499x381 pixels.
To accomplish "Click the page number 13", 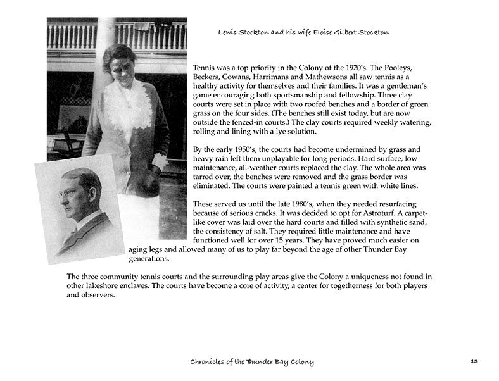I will point(474,361).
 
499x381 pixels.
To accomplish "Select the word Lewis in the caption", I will point(229,32).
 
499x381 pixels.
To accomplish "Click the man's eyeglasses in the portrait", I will point(68,192).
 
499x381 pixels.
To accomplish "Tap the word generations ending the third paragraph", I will point(149,259).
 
